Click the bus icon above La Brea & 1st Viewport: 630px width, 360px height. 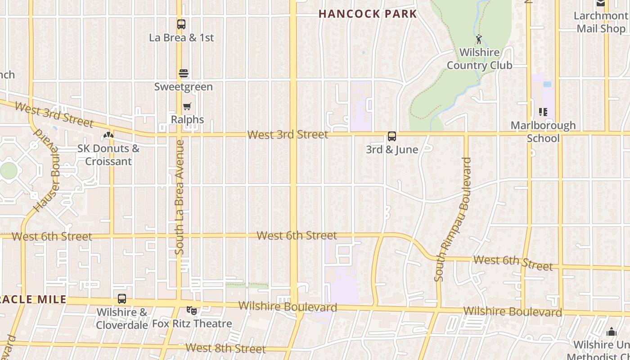(x=181, y=24)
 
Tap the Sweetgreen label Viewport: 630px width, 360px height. (x=183, y=86)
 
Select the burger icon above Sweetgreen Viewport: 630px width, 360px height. (x=183, y=73)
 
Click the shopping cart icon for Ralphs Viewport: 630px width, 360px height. (x=187, y=107)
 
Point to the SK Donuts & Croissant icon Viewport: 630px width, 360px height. (x=108, y=135)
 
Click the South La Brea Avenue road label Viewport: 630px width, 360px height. (x=180, y=197)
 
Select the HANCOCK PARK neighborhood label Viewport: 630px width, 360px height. (x=368, y=14)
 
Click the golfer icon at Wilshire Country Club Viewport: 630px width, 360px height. (x=479, y=39)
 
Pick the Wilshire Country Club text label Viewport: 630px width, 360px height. (x=479, y=59)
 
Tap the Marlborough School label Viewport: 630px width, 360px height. (x=543, y=131)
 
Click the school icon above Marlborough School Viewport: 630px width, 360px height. (x=543, y=112)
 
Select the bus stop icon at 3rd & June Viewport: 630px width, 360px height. (x=392, y=136)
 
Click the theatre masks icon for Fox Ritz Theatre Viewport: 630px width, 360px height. (x=192, y=310)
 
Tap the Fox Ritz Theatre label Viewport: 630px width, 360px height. (x=192, y=324)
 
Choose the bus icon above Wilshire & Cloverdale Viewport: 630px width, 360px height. (x=122, y=299)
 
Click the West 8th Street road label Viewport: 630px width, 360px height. (x=225, y=348)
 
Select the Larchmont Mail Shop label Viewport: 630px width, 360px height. (x=601, y=22)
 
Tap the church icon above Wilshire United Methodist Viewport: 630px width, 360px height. (x=611, y=332)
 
